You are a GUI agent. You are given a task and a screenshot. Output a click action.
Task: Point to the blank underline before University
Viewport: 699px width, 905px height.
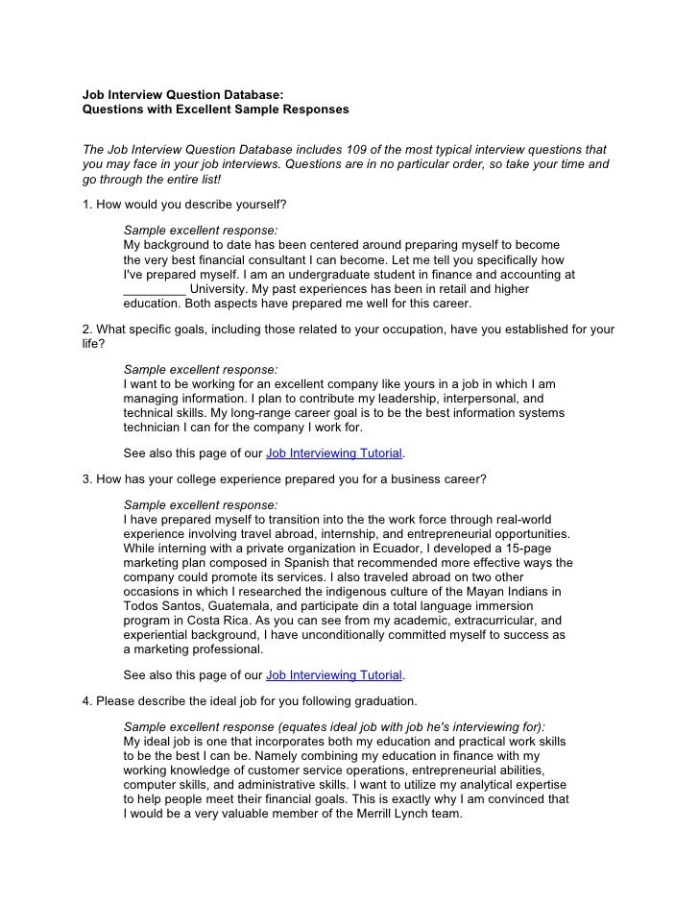(x=155, y=288)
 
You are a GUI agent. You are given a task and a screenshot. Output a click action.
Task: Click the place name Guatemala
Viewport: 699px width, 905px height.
(x=242, y=606)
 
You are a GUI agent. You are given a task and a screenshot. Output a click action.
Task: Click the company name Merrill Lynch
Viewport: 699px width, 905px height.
(x=375, y=813)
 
